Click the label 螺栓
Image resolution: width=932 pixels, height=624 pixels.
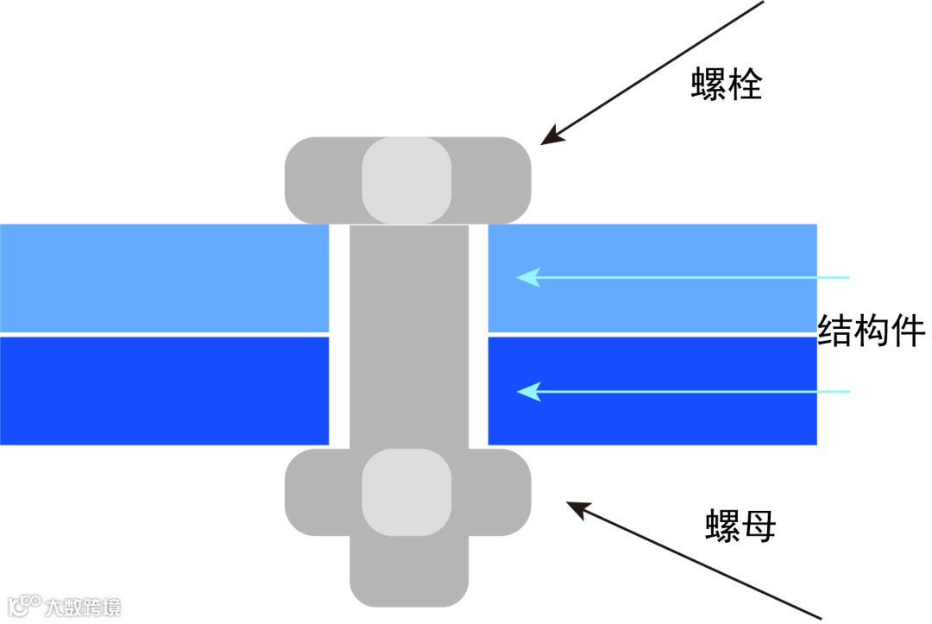click(727, 85)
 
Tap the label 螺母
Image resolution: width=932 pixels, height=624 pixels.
click(740, 525)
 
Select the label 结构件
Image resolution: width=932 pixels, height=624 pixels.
click(872, 331)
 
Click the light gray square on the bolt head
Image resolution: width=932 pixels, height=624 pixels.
click(406, 180)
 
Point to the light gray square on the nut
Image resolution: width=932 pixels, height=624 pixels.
click(406, 491)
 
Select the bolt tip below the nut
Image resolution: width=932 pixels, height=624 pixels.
click(409, 570)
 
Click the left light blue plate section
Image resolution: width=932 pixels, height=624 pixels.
click(164, 277)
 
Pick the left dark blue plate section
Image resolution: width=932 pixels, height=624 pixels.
click(164, 391)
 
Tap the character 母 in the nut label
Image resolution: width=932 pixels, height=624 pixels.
click(759, 525)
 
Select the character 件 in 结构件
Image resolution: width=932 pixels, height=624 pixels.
click(909, 331)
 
